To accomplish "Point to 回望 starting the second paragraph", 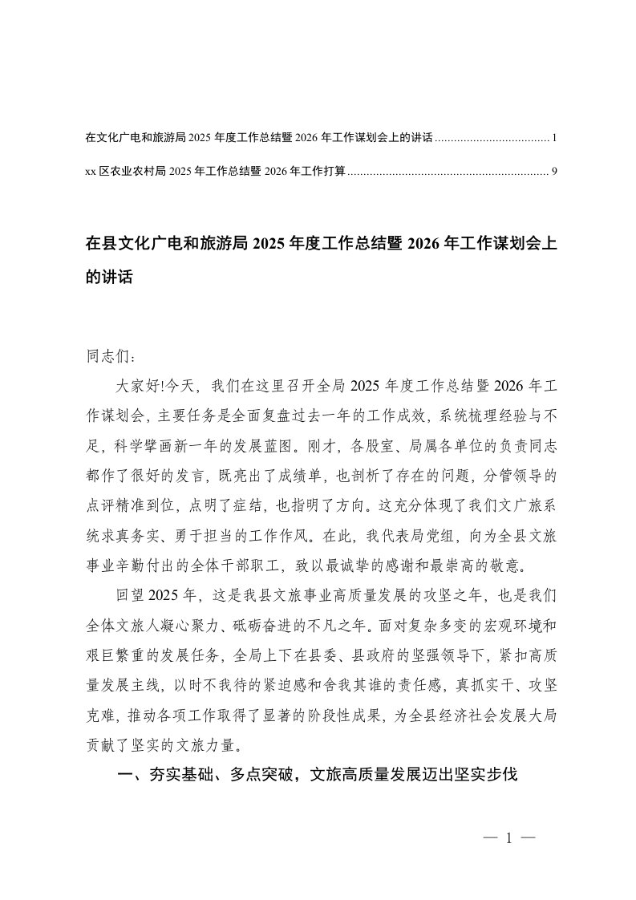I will coord(133,594).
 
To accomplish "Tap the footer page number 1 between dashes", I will coord(508,840).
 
